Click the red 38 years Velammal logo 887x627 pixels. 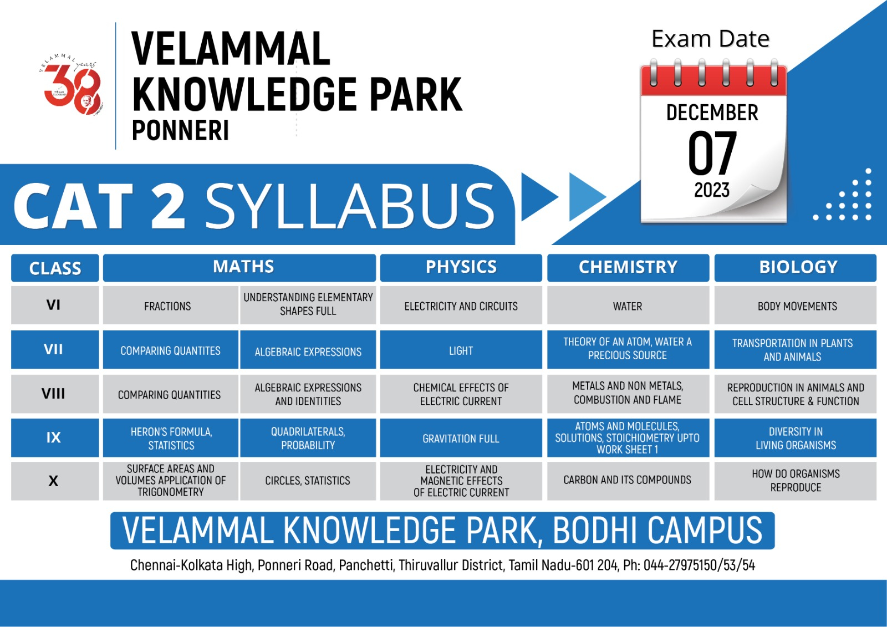[72, 85]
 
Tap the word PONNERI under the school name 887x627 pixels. [181, 130]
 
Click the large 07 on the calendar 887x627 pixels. [712, 153]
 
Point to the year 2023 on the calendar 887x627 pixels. [712, 190]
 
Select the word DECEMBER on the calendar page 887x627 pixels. [712, 113]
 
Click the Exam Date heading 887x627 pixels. [710, 39]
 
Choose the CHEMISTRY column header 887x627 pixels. [628, 267]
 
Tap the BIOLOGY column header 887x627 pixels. [795, 267]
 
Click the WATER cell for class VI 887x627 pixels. [628, 305]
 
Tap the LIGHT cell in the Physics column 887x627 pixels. [461, 350]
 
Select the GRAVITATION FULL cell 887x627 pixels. [461, 438]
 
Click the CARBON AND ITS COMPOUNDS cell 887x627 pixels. [628, 481]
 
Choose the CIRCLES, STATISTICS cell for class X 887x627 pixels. [308, 481]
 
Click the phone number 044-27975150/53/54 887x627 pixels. [699, 565]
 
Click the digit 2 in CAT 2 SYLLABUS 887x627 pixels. [169, 206]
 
